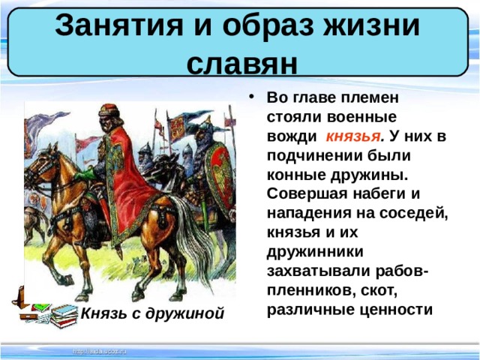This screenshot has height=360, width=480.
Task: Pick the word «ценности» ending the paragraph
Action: (x=398, y=308)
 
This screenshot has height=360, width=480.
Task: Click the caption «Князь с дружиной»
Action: (x=153, y=313)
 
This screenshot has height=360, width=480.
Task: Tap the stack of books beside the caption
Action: (x=54, y=312)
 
